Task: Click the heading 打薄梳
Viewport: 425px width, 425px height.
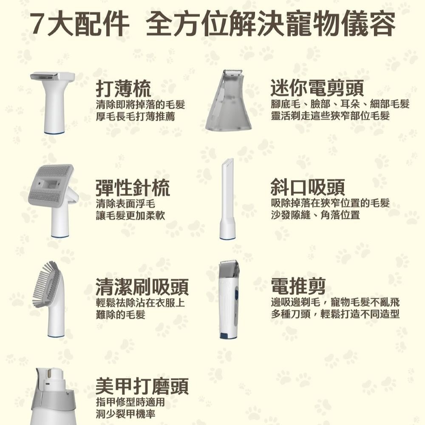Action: click(x=123, y=89)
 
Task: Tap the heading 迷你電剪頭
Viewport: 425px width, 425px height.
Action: click(x=317, y=89)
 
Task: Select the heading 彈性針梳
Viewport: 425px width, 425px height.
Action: click(x=133, y=187)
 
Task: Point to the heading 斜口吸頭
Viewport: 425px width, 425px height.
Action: click(x=308, y=187)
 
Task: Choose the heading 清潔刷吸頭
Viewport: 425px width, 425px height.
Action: click(x=142, y=287)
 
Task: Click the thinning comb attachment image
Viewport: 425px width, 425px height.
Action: click(x=53, y=102)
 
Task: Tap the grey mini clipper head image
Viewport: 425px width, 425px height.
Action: click(x=229, y=104)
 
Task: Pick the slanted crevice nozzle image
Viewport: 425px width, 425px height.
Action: click(x=227, y=200)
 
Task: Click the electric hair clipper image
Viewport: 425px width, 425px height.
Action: click(x=229, y=300)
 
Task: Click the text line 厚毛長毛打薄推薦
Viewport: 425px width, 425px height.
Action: click(x=135, y=116)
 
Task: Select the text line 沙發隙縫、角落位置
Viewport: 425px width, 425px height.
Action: click(x=315, y=215)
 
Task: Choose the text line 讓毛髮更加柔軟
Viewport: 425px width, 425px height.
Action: click(x=130, y=215)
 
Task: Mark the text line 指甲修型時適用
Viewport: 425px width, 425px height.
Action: click(x=130, y=402)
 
